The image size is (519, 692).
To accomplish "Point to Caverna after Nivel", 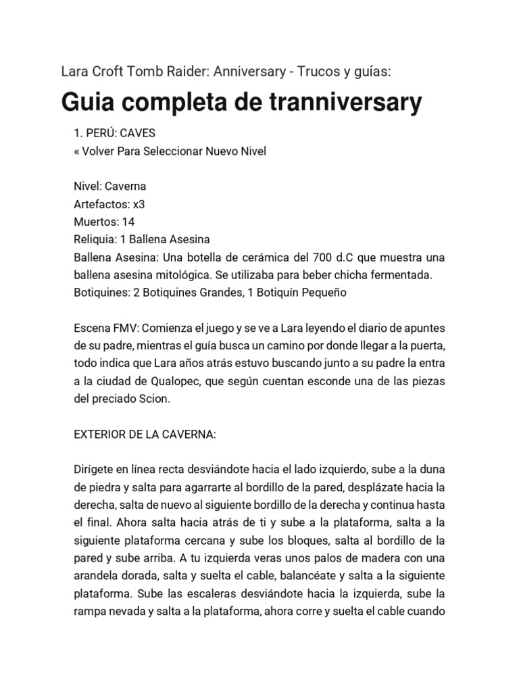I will tap(125, 187).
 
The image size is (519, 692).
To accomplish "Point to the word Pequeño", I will tap(322, 293).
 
